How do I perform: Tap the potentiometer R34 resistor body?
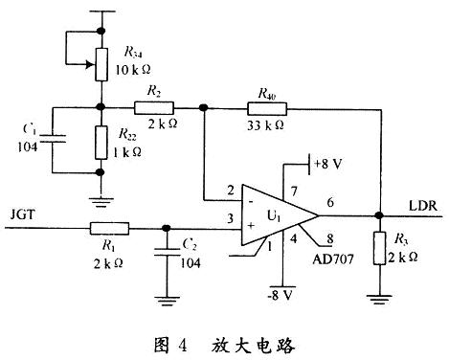point(100,60)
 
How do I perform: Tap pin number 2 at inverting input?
point(230,190)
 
